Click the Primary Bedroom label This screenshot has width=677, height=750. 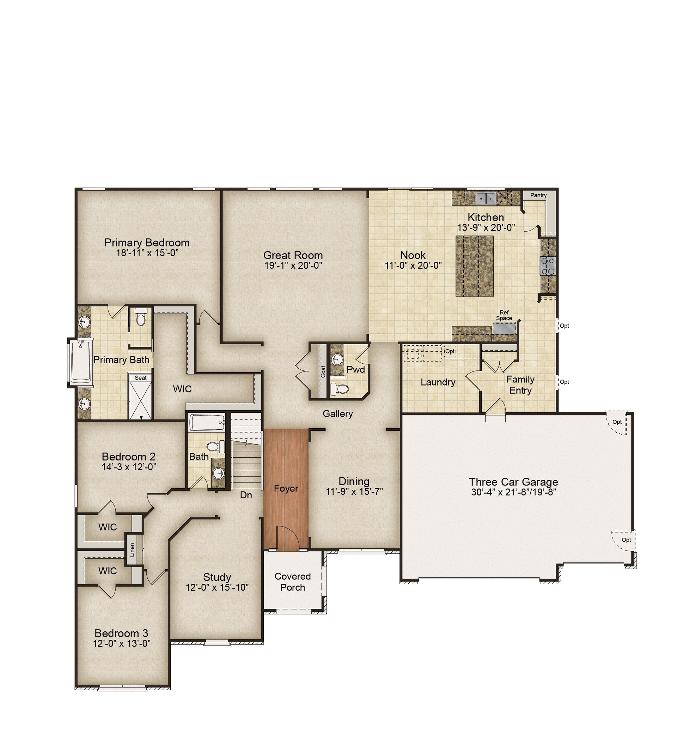coord(147,243)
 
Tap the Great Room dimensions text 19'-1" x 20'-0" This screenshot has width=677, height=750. coord(293,265)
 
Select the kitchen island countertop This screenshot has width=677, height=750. coord(475,266)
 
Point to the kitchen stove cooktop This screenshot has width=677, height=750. coord(548,266)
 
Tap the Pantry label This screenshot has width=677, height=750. coord(538,195)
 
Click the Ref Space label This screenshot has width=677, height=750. coord(504,315)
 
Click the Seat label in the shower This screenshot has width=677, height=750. coord(140,377)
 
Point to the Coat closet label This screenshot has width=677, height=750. coord(323,372)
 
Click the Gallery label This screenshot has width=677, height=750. coord(338,413)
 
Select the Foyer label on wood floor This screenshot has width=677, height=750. coord(286,488)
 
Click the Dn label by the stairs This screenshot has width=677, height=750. coord(246,495)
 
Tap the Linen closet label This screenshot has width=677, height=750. coord(132,550)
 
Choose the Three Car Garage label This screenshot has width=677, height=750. coord(513,482)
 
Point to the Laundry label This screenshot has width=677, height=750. coord(438,382)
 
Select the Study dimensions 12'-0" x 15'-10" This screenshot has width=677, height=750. coord(217,587)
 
